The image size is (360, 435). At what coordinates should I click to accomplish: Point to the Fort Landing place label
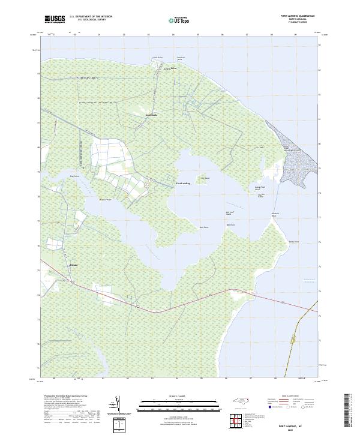182,183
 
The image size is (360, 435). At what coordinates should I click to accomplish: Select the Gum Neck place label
151,115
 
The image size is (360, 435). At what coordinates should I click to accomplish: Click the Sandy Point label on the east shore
293,241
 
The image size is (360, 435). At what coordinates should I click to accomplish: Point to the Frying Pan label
74,176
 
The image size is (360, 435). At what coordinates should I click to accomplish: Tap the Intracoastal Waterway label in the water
310,280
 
